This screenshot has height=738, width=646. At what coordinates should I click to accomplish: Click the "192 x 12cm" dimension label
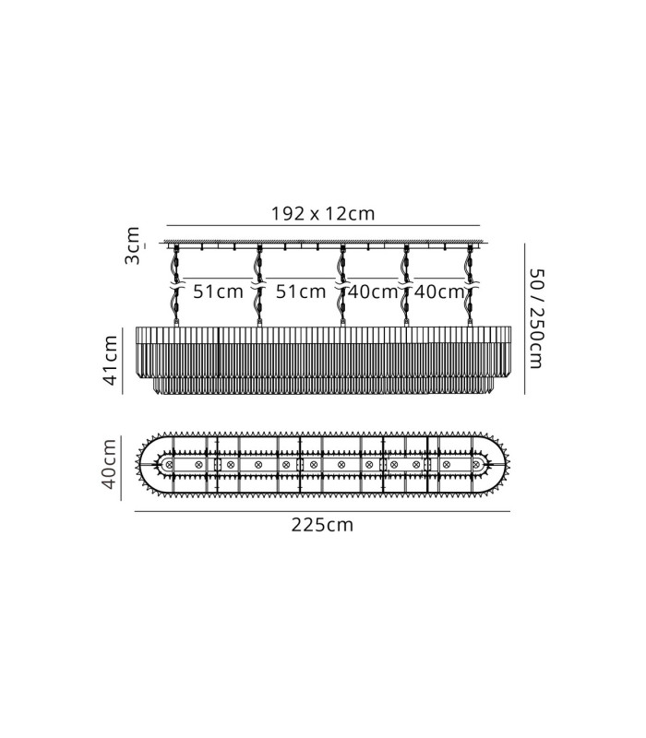point(323,214)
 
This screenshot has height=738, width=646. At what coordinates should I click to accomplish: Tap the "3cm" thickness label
point(132,245)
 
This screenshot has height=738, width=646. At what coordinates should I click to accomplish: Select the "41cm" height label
point(110,361)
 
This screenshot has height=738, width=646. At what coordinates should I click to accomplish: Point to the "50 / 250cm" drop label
point(536,318)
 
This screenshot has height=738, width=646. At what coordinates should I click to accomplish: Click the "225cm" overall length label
point(322,524)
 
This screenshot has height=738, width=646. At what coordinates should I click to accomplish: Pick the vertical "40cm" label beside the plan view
point(109,464)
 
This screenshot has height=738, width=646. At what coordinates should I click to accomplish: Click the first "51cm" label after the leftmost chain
point(218,292)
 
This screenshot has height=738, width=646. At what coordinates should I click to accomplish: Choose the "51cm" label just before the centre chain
point(301,292)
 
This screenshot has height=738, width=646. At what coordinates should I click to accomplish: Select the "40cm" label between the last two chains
point(439,292)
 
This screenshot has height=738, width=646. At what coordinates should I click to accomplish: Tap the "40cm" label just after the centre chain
point(373,292)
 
